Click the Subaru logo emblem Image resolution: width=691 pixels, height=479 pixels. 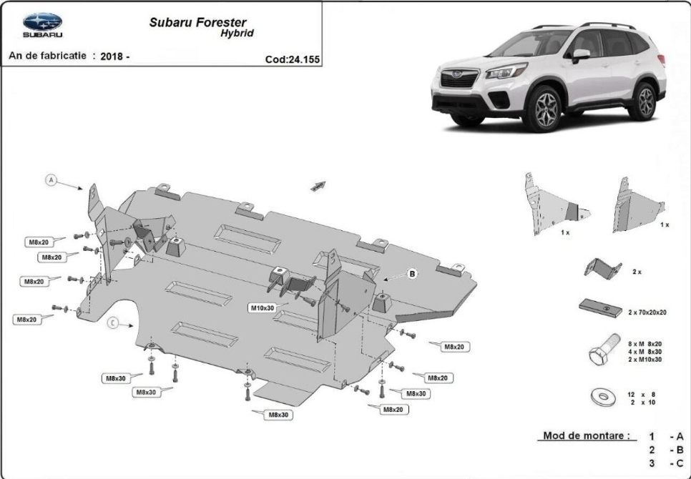coord(42,21)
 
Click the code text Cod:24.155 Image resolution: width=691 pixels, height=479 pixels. coord(292,59)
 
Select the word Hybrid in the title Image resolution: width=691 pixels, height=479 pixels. coord(237,34)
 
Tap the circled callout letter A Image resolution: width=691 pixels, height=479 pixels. coord(52,179)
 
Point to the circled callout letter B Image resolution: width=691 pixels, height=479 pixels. coord(412,274)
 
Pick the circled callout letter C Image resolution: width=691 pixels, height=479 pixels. coord(113,323)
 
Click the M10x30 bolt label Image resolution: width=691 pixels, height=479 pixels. coord(263,308)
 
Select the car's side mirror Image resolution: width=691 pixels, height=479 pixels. coord(581,55)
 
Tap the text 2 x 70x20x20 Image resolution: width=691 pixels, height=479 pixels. coord(647,312)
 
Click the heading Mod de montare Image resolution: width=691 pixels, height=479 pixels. coord(587,436)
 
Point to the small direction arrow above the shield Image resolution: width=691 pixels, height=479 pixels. coord(318,186)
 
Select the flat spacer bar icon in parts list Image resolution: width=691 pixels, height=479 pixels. coord(601,307)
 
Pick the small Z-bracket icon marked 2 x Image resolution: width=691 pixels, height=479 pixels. coord(602,268)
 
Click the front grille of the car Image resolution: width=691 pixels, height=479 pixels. coord(459,79)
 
